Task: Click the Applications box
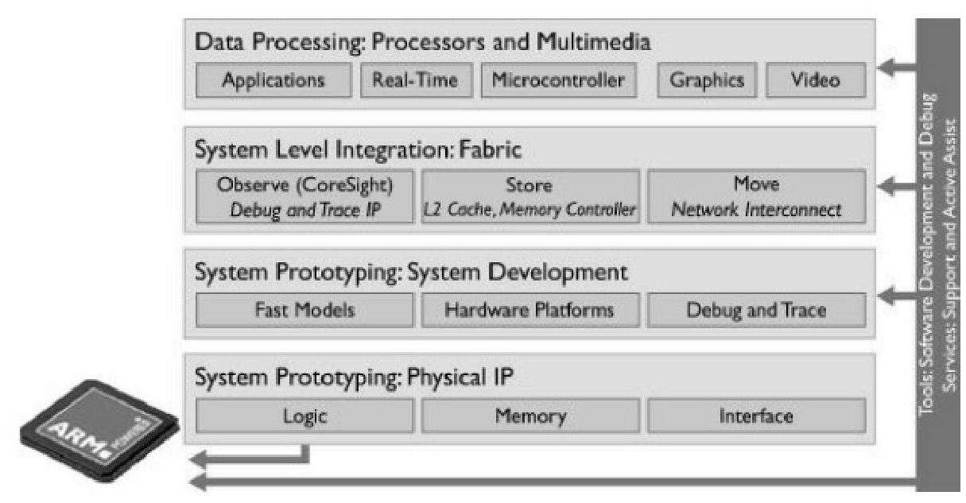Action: click(273, 81)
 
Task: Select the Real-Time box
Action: click(416, 81)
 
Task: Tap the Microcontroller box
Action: click(558, 81)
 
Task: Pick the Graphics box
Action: click(707, 81)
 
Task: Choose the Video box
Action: click(815, 81)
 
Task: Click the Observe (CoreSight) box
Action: click(305, 196)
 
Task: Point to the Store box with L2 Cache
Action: click(529, 196)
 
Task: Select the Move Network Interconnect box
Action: click(756, 196)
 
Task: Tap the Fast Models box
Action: click(305, 310)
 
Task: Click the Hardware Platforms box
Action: click(529, 310)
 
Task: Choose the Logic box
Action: click(305, 416)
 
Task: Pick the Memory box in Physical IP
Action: click(529, 416)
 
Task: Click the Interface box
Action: click(756, 416)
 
